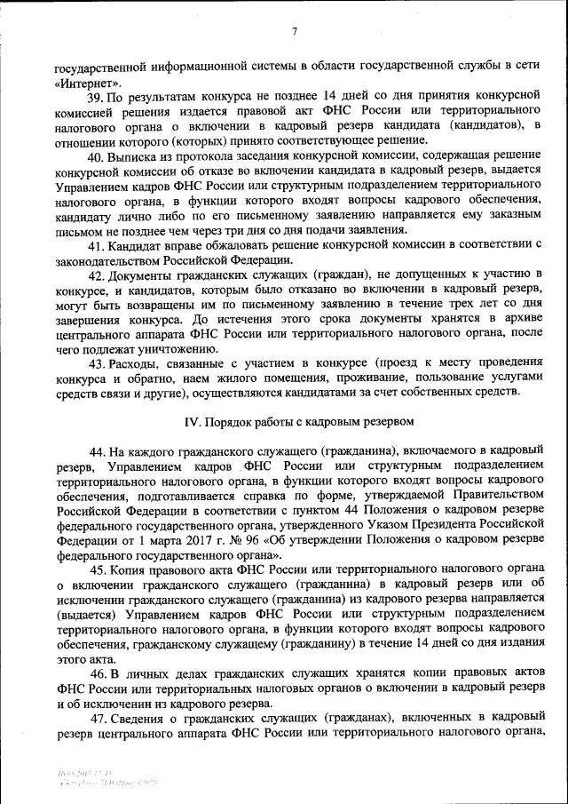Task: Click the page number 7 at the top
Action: [x=293, y=33]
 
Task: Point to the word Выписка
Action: [x=135, y=157]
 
